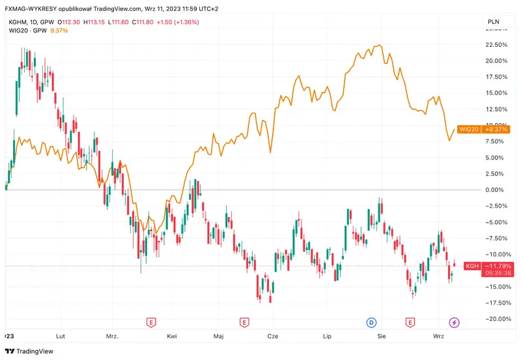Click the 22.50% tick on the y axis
497,45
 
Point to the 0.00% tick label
498,190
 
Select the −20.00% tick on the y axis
497,319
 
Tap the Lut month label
61,336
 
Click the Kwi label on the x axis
172,336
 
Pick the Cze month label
273,336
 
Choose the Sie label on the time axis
382,336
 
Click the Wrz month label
439,336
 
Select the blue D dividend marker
371,322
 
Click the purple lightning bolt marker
455,322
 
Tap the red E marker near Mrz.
151,322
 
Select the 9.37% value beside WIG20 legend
59,31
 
